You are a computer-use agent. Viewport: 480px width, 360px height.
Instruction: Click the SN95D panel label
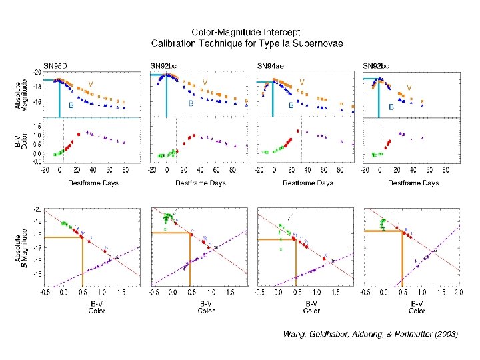pyautogui.click(x=55, y=65)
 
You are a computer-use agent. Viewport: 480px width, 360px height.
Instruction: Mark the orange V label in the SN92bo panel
pyautogui.click(x=409, y=87)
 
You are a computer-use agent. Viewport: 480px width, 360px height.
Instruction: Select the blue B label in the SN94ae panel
pyautogui.click(x=291, y=105)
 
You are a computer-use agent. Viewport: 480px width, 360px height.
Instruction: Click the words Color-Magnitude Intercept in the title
pyautogui.click(x=246, y=31)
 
